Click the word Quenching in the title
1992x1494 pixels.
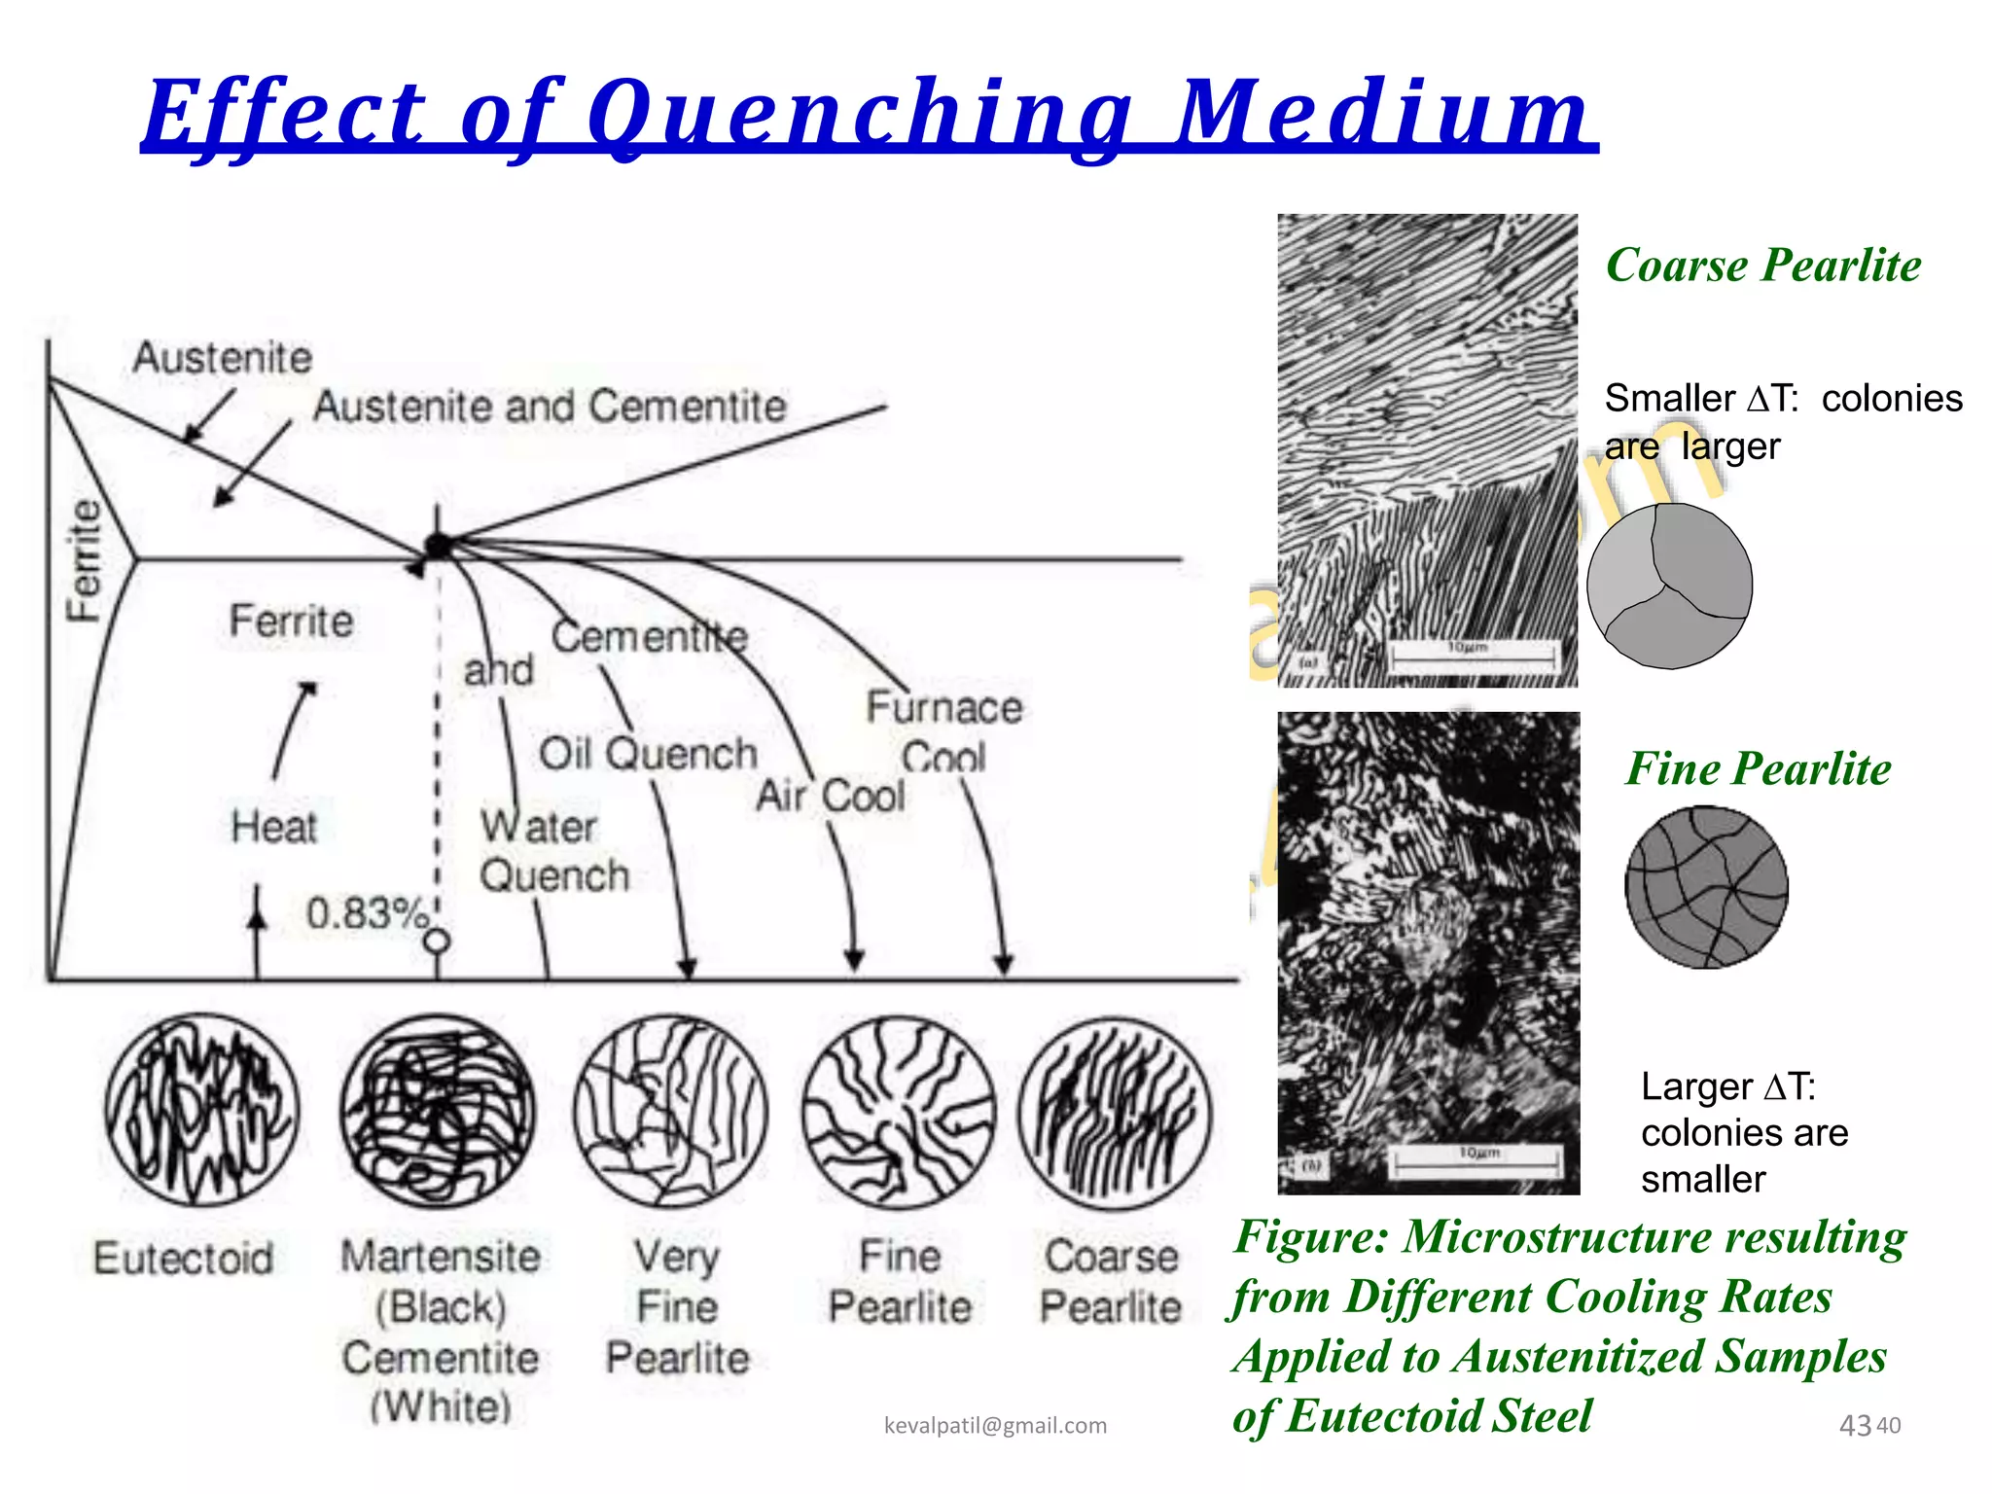coord(860,115)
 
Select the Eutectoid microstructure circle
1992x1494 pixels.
coord(201,1111)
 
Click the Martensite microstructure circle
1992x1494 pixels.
coord(438,1111)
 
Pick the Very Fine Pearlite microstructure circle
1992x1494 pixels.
coord(670,1111)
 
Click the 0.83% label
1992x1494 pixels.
coord(367,912)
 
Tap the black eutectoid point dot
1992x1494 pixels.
coord(439,546)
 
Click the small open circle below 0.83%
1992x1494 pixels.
coord(438,941)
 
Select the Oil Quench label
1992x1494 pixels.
coord(648,754)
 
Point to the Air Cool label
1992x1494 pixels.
coord(830,796)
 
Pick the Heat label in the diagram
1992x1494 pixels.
coord(273,827)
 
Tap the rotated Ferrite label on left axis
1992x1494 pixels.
coord(85,560)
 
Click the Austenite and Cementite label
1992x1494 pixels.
coord(550,406)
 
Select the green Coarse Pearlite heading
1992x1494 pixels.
coord(1762,265)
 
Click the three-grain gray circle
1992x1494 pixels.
coord(1669,586)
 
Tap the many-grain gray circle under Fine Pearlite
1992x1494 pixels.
coord(1706,887)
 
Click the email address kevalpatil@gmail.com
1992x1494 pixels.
coord(995,1425)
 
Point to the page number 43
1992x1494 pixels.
coord(1855,1425)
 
